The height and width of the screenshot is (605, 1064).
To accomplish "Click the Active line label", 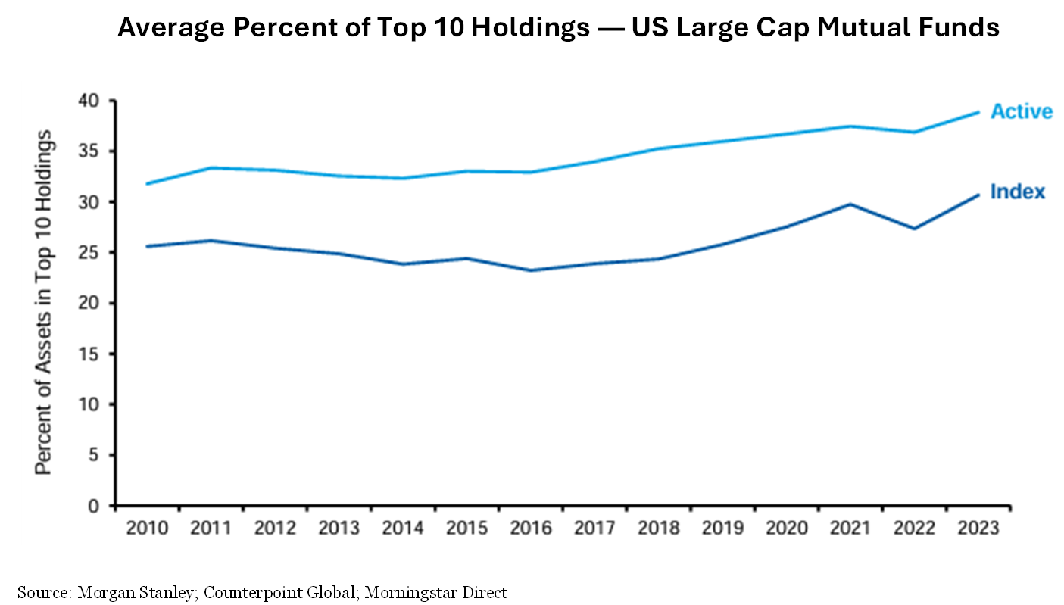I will [x=1021, y=111].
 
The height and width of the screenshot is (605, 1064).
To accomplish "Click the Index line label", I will [x=1017, y=192].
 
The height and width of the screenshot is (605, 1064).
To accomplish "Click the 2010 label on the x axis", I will [x=147, y=528].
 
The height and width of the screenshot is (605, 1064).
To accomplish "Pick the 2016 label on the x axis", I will [x=530, y=528].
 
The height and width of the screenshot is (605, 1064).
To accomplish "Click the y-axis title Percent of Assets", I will [x=45, y=303].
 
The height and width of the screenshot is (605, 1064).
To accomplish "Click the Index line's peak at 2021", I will [x=849, y=204].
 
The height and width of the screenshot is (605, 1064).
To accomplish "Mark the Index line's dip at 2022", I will [x=913, y=229].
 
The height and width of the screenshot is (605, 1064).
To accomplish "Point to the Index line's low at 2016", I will [x=530, y=270].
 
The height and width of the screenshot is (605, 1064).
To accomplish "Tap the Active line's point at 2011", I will [x=211, y=167].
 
